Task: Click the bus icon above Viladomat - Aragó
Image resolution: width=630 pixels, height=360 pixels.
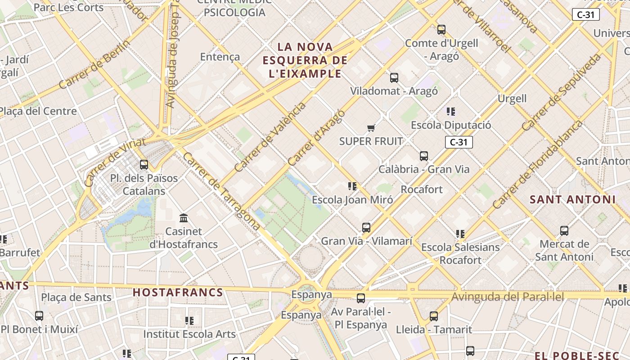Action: click(394, 77)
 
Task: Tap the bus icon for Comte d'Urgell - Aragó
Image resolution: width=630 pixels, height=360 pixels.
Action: click(441, 30)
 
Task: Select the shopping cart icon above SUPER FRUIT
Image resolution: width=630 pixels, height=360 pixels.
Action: click(371, 128)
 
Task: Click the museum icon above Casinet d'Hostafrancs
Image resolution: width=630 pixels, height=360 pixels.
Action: click(184, 218)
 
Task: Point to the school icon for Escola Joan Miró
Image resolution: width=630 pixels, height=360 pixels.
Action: click(352, 186)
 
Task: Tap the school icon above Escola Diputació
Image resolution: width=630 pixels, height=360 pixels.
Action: click(451, 111)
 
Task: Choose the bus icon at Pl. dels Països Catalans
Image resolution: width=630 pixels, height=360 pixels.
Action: click(144, 165)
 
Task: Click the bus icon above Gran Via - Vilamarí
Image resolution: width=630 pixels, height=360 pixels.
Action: click(366, 228)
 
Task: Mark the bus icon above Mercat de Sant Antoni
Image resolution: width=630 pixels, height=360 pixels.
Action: click(564, 231)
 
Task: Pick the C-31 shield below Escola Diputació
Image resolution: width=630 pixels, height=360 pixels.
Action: click(459, 143)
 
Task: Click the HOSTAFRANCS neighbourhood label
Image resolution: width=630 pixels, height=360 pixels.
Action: click(178, 292)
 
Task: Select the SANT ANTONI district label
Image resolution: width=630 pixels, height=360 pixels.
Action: click(572, 199)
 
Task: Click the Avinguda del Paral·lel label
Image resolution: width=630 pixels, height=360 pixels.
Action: click(507, 297)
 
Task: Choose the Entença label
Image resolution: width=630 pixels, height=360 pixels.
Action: click(220, 57)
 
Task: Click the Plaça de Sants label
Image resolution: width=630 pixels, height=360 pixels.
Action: click(76, 297)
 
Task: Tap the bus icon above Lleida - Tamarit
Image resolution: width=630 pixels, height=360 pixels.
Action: click(434, 316)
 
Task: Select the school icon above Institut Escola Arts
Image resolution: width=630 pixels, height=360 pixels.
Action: click(189, 321)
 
